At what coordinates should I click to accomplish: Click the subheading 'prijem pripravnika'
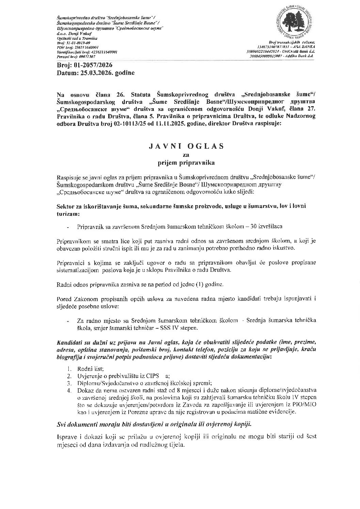pyautogui.click(x=186, y=163)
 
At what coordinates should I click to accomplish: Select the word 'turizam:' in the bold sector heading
pyautogui.click(x=67, y=214)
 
